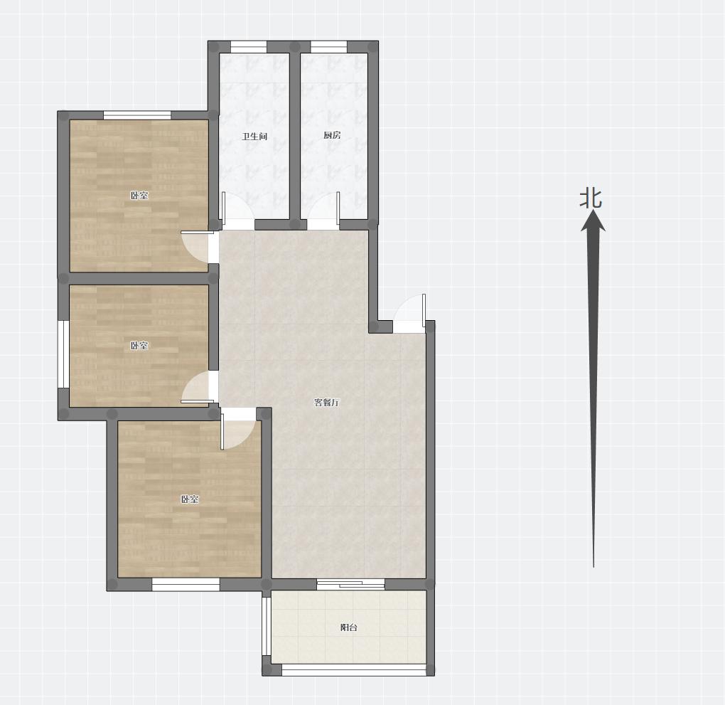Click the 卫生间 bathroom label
[254, 137]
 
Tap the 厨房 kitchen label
[332, 135]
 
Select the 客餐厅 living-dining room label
[326, 402]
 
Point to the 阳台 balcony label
[348, 627]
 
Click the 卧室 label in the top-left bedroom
[139, 196]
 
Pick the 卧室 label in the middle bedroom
[139, 345]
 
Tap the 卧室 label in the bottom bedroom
[190, 499]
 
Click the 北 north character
[591, 198]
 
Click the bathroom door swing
[238, 211]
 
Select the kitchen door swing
[323, 211]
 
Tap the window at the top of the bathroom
[249, 47]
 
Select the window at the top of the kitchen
[329, 47]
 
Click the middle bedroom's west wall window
[63, 354]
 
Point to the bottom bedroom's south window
[186, 585]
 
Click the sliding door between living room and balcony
[351, 585]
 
